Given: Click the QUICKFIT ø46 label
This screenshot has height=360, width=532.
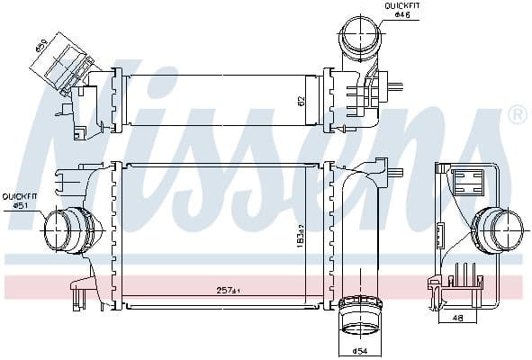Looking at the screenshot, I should [x=402, y=12].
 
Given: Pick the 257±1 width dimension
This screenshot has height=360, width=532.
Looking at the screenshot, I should [x=227, y=291].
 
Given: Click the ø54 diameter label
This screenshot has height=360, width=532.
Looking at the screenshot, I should [x=360, y=349].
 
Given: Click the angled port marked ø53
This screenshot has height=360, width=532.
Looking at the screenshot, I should [x=65, y=63].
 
